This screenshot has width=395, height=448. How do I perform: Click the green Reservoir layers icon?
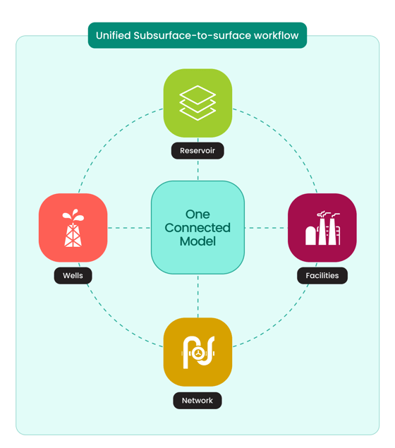pyautogui.click(x=197, y=103)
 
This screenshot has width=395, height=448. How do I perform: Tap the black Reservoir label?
pyautogui.click(x=197, y=150)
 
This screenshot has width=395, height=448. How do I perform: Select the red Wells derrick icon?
pyautogui.click(x=73, y=228)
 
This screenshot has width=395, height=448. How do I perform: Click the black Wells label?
pyautogui.click(x=73, y=275)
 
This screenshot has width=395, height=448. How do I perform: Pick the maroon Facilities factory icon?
pyautogui.click(x=322, y=228)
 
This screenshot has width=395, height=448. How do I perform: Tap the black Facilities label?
pyautogui.click(x=322, y=275)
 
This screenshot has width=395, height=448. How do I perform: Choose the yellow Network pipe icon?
pyautogui.click(x=197, y=352)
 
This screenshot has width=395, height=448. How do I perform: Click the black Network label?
pyautogui.click(x=197, y=401)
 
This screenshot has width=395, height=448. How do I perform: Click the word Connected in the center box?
pyautogui.click(x=197, y=228)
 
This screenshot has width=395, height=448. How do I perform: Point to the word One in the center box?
pyautogui.click(x=197, y=214)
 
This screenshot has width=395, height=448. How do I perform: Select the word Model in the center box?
pyautogui.click(x=197, y=241)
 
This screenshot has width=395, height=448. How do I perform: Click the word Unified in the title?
pyautogui.click(x=113, y=35)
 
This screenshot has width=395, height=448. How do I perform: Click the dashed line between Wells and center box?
pyautogui.click(x=129, y=228)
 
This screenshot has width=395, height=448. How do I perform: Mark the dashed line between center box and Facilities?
pyautogui.click(x=266, y=228)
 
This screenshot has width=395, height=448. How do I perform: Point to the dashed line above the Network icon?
pyautogui.click(x=198, y=296)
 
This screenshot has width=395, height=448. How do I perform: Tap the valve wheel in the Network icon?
pyautogui.click(x=197, y=353)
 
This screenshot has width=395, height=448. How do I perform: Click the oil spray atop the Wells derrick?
pyautogui.click(x=73, y=215)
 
